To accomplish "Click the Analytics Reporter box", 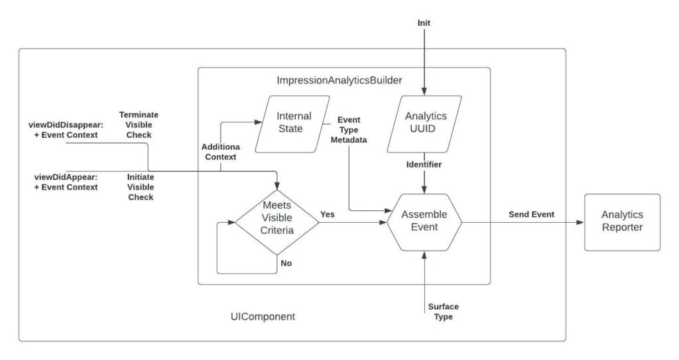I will click(x=622, y=221).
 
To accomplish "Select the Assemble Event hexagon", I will click(x=424, y=222).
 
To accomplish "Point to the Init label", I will click(x=424, y=23).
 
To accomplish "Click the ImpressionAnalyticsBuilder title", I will click(x=339, y=80).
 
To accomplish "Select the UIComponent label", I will click(x=259, y=317).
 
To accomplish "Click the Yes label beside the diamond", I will click(x=328, y=214).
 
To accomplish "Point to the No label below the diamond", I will click(x=286, y=263).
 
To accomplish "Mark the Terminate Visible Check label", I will click(x=139, y=125).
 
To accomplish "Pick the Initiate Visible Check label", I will click(x=140, y=187).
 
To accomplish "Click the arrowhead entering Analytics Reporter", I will click(x=581, y=222).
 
